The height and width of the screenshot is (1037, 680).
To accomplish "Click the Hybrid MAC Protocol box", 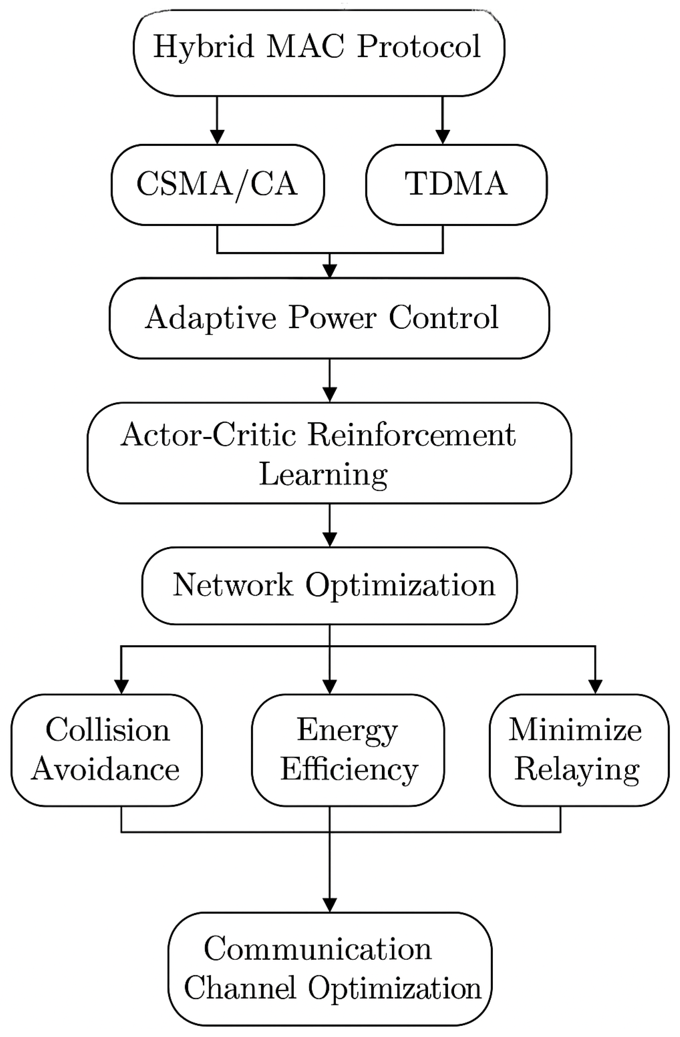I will point(319,52).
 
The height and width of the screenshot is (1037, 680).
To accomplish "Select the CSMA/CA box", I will point(218,185).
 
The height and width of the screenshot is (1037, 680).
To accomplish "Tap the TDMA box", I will point(456,185).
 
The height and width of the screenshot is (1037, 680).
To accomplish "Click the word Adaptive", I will point(210,318).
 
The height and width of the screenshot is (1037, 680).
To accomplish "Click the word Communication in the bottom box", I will point(318,949).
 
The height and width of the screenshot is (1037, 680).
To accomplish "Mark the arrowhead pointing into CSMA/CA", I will point(217,137).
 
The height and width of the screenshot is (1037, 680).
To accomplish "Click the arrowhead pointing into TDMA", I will point(442,137).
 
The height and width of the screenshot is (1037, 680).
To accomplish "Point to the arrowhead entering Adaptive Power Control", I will point(329,271).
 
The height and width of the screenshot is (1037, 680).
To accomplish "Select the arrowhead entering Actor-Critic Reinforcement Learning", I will point(329,395).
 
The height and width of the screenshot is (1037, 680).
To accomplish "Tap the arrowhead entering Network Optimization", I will point(329,540).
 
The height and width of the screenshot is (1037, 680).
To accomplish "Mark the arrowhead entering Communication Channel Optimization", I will point(329,905).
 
